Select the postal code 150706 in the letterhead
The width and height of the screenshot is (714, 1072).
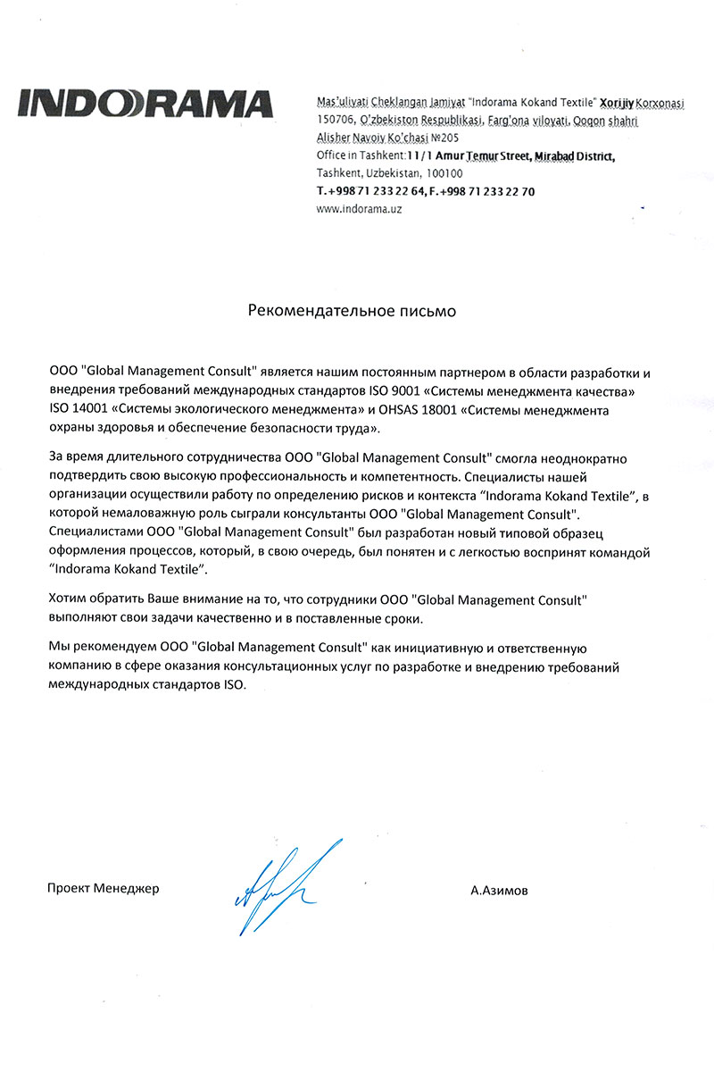click(336, 121)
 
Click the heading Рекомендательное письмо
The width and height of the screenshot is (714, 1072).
click(352, 312)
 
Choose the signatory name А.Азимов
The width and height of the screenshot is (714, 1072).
click(500, 891)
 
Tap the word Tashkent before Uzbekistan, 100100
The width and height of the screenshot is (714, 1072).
click(338, 174)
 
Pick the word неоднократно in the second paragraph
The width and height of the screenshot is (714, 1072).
click(596, 457)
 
